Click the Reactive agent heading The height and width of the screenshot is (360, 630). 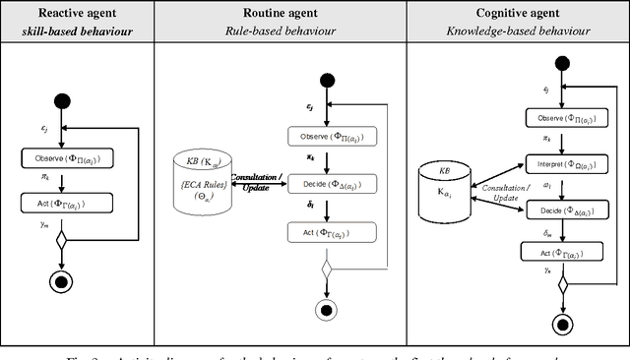click(x=79, y=14)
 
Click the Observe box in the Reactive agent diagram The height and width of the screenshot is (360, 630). click(x=67, y=158)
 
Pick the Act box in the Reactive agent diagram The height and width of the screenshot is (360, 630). click(x=67, y=203)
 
